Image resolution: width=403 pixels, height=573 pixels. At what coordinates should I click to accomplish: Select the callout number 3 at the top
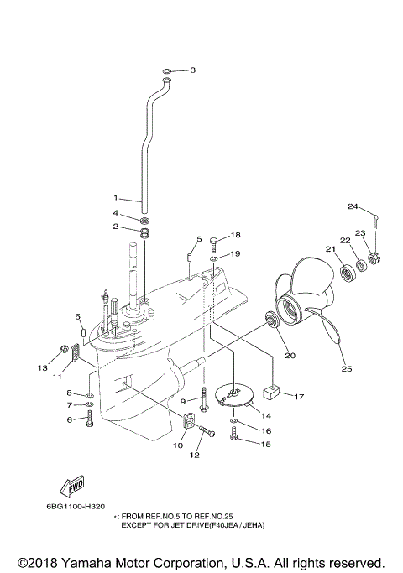(192, 70)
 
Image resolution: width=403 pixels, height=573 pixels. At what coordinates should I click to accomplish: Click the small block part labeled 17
(270, 389)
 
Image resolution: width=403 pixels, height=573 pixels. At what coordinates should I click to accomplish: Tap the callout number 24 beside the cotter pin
(353, 206)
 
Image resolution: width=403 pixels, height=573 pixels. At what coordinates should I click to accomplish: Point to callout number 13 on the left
(42, 367)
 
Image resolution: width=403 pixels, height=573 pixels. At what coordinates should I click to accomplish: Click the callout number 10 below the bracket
(177, 445)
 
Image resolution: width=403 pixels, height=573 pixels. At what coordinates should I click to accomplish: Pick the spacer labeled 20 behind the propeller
(273, 320)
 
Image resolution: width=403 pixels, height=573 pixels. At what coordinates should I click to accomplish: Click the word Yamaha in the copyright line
(97, 561)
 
